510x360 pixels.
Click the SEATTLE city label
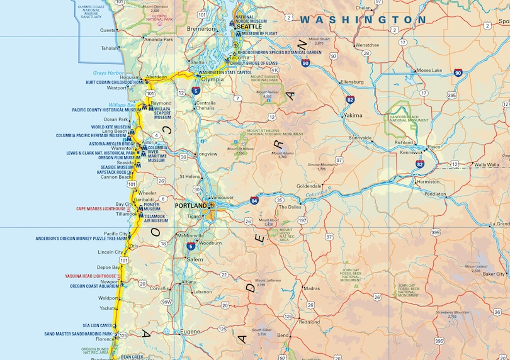249,26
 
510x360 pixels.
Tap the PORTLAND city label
191,206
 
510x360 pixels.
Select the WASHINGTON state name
363,20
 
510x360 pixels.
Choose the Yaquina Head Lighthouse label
91,276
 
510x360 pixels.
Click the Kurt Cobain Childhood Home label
115,82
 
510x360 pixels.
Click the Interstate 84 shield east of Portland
254,200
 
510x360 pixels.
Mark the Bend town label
283,335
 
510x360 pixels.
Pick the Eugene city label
190,332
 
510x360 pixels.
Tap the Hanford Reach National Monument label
409,120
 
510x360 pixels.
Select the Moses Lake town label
429,70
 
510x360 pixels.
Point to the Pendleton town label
434,194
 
